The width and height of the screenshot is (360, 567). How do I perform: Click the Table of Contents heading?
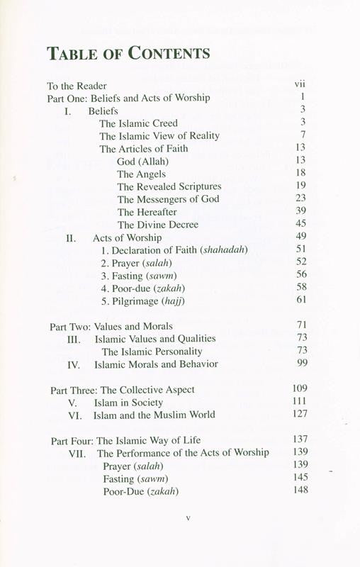pyautogui.click(x=128, y=53)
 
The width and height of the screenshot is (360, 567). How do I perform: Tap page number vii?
pyautogui.click(x=299, y=84)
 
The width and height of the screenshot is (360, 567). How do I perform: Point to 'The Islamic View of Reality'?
pyautogui.click(x=159, y=135)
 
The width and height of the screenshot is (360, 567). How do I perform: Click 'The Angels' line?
pyautogui.click(x=141, y=174)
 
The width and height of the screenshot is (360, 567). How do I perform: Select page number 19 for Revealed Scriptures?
pyautogui.click(x=300, y=186)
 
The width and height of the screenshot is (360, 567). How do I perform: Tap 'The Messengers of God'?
pyautogui.click(x=168, y=199)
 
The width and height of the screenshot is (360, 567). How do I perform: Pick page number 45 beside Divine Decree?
pyautogui.click(x=300, y=225)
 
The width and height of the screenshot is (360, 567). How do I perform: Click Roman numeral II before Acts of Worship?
pyautogui.click(x=71, y=237)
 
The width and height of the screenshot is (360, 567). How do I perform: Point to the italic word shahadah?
pyautogui.click(x=225, y=250)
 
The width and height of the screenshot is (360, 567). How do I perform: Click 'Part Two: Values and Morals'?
pyautogui.click(x=111, y=326)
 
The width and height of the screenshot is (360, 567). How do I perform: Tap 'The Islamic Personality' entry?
pyautogui.click(x=152, y=352)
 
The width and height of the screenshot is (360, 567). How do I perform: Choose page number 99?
pyautogui.click(x=300, y=364)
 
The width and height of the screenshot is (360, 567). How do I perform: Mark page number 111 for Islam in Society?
pyautogui.click(x=300, y=402)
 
